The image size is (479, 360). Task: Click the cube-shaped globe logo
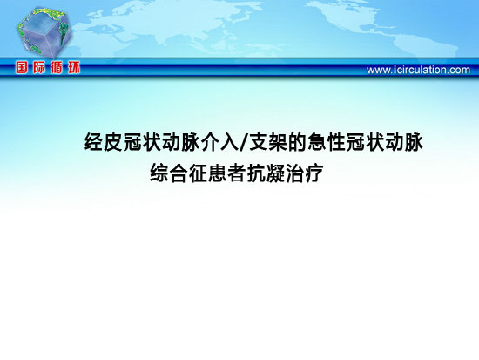pyautogui.click(x=44, y=33)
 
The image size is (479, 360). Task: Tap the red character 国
pyautogui.click(x=22, y=67)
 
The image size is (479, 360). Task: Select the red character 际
pyautogui.click(x=39, y=67)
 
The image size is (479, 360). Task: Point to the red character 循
pyautogui.click(x=57, y=67)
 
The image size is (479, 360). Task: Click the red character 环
pyautogui.click(x=74, y=67)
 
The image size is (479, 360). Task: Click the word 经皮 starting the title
pyautogui.click(x=104, y=142)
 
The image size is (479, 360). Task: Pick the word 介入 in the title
pyautogui.click(x=219, y=142)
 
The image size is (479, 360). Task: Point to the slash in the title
pyautogui.click(x=244, y=142)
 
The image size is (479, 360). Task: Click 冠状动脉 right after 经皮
pyautogui.click(x=161, y=142)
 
